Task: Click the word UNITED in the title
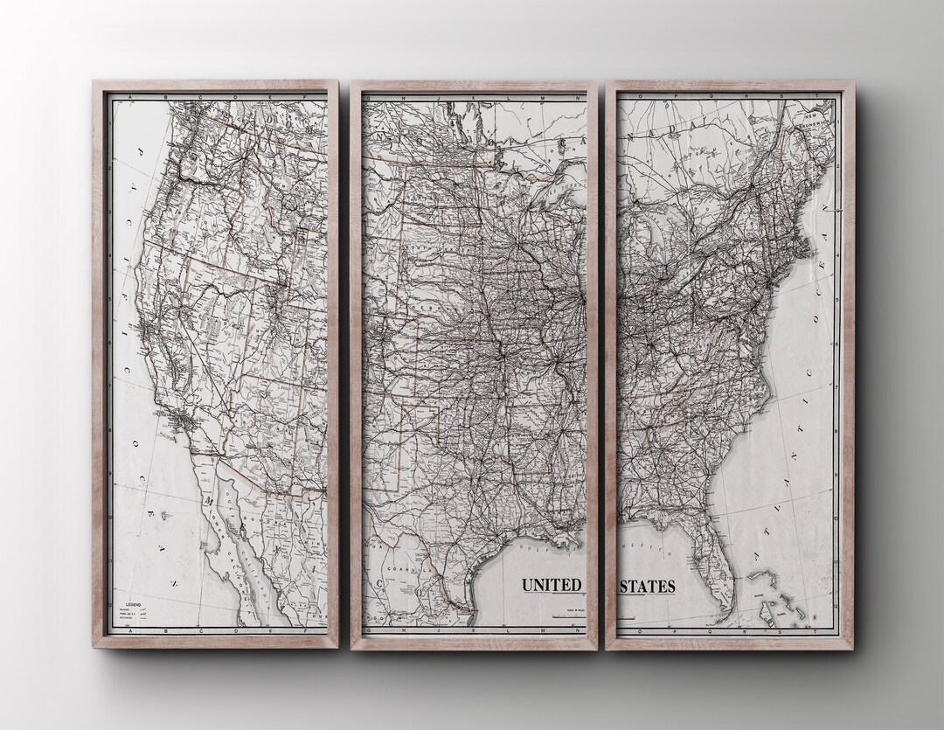pos(551,585)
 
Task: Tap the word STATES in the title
pos(647,585)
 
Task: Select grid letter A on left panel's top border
pos(129,95)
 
